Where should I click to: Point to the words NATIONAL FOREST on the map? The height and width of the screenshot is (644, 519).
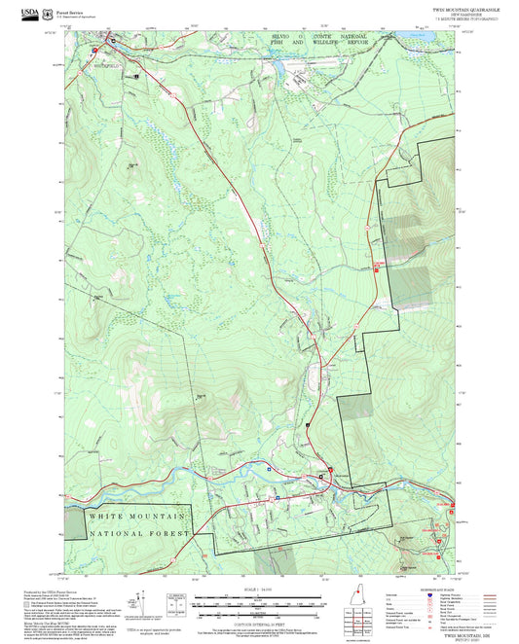coord(136,534)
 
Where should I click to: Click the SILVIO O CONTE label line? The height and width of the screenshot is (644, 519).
coord(310,36)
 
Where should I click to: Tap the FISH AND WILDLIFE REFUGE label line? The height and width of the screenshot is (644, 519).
coord(310,44)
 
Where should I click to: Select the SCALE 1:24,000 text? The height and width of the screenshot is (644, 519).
coord(258,590)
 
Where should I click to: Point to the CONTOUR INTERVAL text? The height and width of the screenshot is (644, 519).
coord(258,622)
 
